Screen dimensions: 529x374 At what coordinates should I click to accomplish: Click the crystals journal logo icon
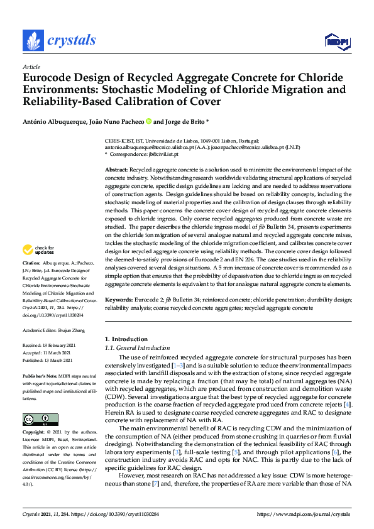pos(33,41)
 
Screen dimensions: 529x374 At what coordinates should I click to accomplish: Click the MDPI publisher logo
pos(337,41)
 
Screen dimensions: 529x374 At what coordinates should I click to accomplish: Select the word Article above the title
pos(31,67)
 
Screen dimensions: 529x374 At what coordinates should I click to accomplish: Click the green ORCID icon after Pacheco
pos(149,121)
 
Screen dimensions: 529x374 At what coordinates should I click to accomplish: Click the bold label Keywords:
pos(118,300)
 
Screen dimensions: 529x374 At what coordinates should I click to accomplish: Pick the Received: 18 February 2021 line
pos(53,346)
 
